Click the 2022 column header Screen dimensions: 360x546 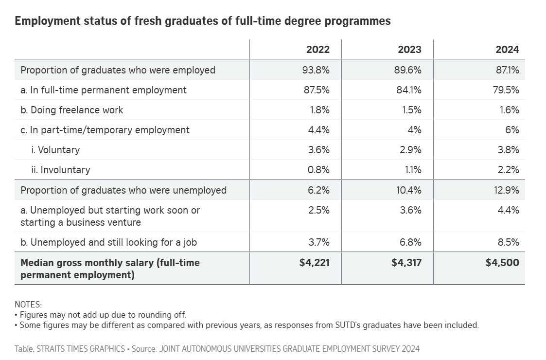317,50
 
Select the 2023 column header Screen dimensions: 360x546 409,50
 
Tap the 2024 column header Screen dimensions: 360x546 507,50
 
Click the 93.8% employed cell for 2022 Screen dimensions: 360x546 316,70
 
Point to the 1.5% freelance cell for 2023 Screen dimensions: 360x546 412,110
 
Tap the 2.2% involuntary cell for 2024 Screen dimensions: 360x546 509,170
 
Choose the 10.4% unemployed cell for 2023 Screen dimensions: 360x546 409,190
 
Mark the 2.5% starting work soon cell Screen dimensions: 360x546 319,210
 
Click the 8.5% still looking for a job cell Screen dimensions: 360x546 508,242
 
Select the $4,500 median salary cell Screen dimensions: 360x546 502,263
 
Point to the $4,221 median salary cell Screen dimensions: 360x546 315,263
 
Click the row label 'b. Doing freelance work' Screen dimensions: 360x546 72,110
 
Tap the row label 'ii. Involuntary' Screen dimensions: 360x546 60,170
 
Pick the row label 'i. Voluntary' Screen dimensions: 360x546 55,150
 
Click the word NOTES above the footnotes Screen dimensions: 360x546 28,305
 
